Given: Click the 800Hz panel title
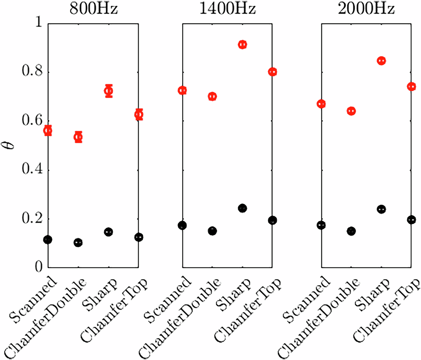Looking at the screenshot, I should (94, 8).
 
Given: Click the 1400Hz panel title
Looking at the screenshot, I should (227, 8).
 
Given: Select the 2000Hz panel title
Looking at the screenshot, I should (366, 8).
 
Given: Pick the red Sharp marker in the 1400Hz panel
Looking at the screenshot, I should (242, 45).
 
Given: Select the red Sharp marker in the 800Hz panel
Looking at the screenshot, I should (109, 91).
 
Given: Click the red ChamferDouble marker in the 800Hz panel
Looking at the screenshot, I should (78, 137).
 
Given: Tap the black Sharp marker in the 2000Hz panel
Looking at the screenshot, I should (381, 209).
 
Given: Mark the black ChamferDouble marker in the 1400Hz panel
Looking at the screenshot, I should (212, 231).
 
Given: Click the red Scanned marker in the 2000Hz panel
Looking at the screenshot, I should (321, 104).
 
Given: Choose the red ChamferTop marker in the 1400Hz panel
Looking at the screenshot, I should (273, 72).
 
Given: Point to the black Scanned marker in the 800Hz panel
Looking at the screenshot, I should (48, 240).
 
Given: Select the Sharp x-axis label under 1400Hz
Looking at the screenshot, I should (234, 295).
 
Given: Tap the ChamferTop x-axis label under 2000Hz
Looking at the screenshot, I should (387, 310).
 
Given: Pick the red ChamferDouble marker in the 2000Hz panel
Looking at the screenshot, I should (351, 111).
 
